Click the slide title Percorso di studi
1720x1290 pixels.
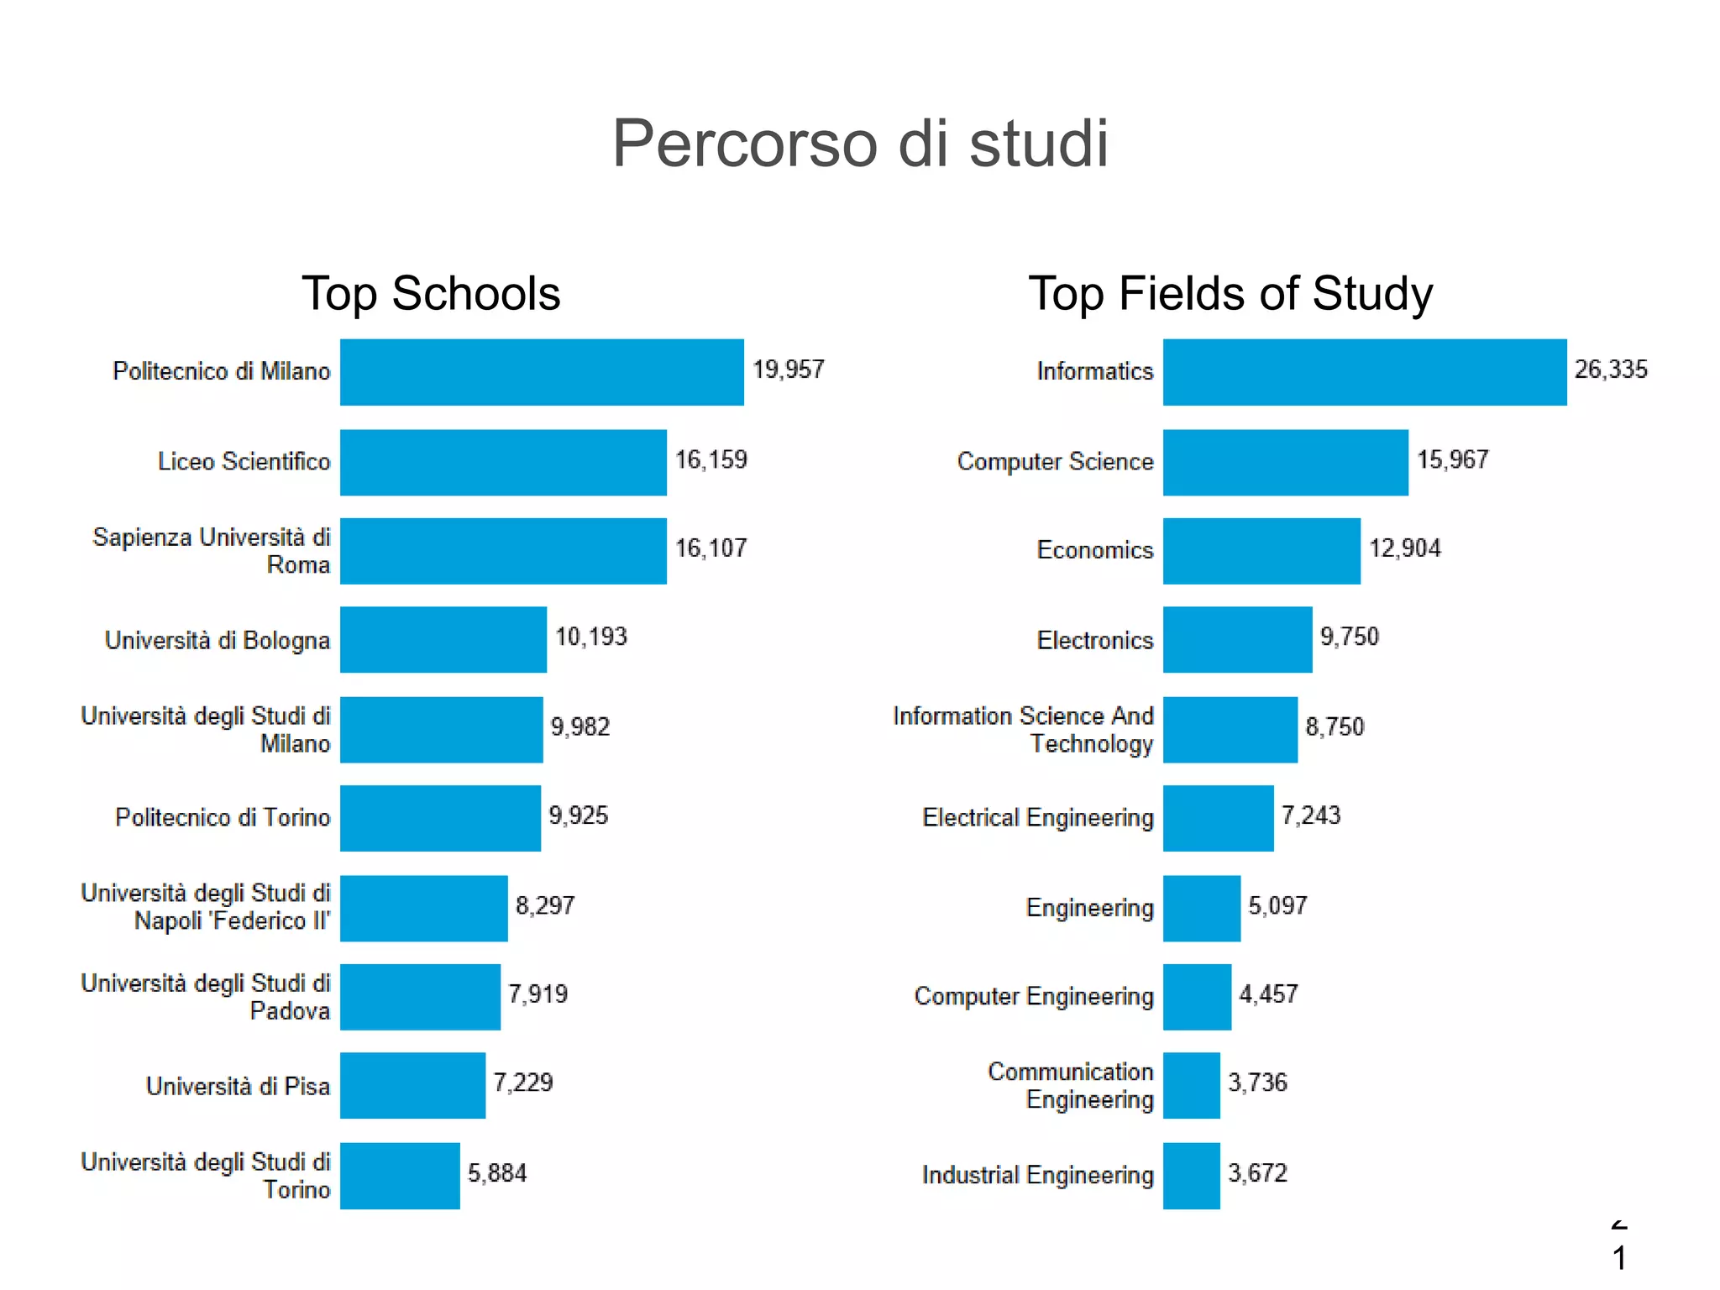(x=860, y=144)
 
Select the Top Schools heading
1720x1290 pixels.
(x=431, y=294)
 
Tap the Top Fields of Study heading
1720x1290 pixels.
(x=1230, y=294)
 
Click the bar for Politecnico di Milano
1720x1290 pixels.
(x=542, y=372)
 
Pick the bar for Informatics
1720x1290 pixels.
(x=1365, y=372)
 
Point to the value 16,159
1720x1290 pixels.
(x=711, y=460)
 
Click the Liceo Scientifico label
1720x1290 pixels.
(x=244, y=462)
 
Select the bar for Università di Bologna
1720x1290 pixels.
(x=443, y=639)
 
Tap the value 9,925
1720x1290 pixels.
(x=578, y=815)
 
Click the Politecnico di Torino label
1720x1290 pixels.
(x=223, y=817)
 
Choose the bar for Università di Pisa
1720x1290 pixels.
(x=412, y=1085)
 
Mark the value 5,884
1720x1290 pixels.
(x=497, y=1173)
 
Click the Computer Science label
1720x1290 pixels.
(x=1055, y=462)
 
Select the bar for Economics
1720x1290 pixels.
(x=1261, y=551)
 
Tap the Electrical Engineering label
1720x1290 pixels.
(x=1037, y=817)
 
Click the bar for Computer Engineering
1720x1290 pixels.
(x=1197, y=997)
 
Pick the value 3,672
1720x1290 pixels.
(x=1257, y=1173)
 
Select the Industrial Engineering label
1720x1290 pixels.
(x=1037, y=1175)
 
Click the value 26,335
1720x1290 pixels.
(x=1611, y=370)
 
